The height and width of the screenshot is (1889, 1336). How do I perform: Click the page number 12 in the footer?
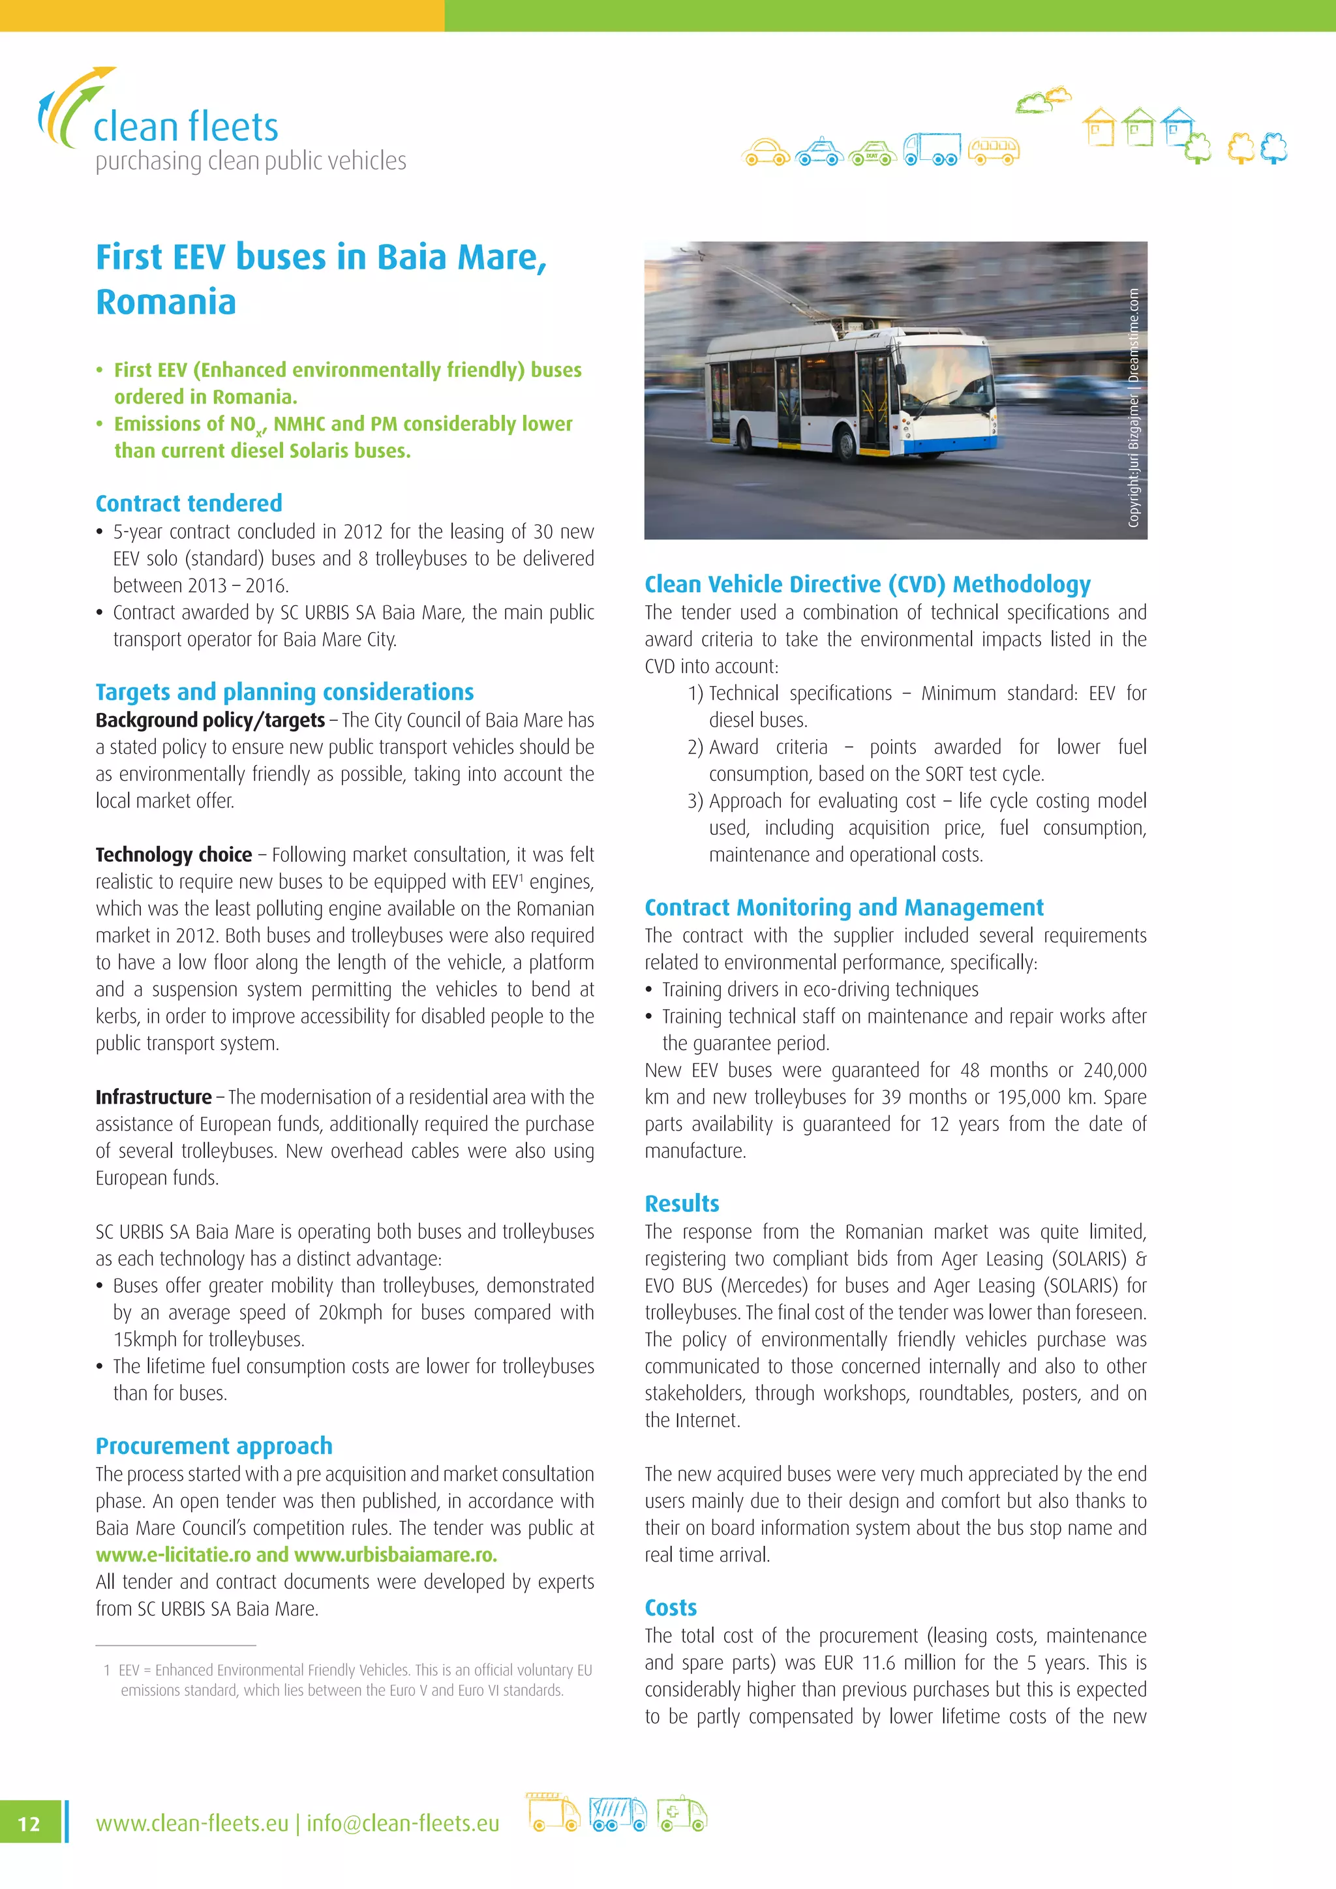pos(29,1823)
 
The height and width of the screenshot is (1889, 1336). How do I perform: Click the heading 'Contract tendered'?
pos(189,503)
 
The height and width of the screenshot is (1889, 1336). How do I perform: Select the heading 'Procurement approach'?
pos(214,1445)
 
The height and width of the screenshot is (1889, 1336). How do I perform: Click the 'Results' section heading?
pos(681,1203)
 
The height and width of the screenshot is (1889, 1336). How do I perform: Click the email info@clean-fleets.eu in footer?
pos(402,1823)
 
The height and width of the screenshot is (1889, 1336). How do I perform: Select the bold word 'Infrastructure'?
pos(153,1096)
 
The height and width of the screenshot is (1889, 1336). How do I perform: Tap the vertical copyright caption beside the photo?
pos(1134,407)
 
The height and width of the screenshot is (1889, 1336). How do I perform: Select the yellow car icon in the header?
pos(765,151)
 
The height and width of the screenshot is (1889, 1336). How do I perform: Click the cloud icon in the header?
pos(1042,100)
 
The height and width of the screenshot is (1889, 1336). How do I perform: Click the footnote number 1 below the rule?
pos(107,1670)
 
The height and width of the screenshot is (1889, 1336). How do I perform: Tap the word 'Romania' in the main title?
pos(166,302)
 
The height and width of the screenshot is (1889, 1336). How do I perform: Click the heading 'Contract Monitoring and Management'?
pos(843,907)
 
